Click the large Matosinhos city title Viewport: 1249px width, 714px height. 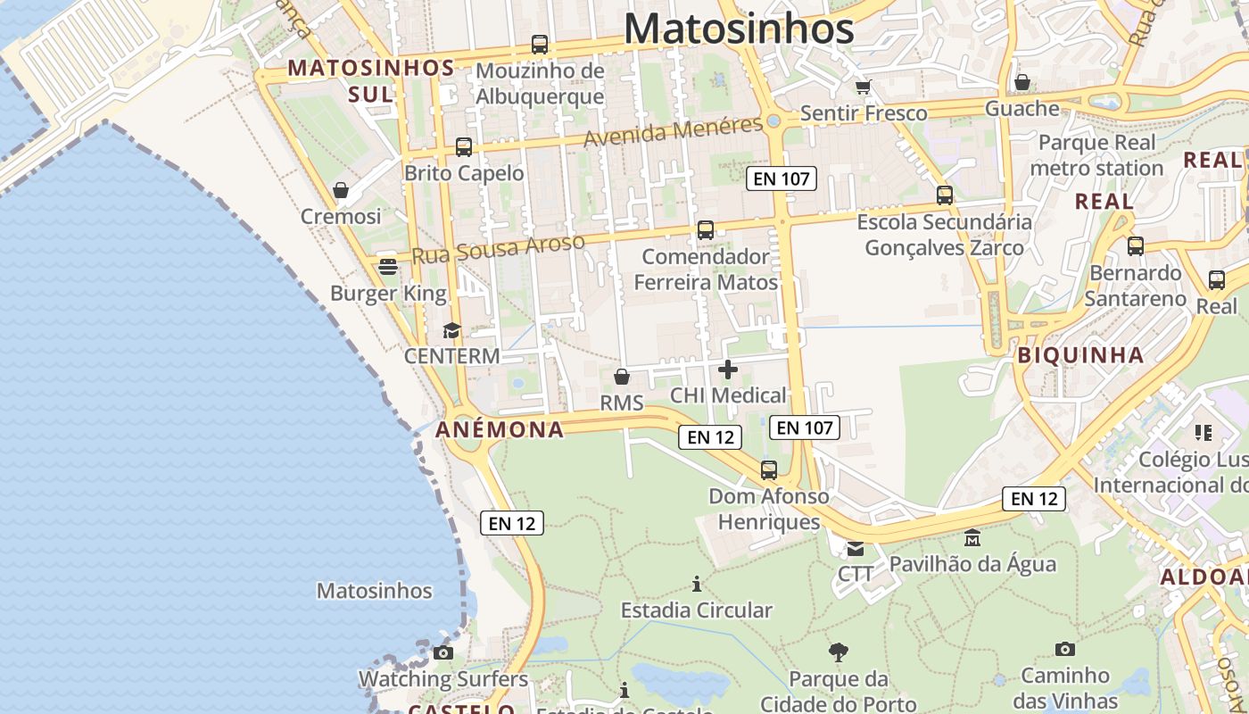pos(739,29)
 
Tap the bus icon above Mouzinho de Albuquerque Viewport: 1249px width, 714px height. pos(539,44)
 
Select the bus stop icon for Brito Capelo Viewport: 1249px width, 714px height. pos(463,147)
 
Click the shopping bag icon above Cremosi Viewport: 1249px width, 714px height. pos(340,190)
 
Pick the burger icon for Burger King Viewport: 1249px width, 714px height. pos(387,267)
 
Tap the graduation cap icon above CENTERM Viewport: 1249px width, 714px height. pos(451,330)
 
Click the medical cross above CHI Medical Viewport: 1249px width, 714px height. pos(728,369)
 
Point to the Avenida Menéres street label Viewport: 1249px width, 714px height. pos(674,132)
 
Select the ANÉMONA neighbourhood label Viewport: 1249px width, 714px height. pos(500,429)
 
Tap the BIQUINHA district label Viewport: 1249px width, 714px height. pos(1080,354)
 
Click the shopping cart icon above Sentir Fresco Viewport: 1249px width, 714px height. pos(863,87)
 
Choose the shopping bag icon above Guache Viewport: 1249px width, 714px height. pos(1022,82)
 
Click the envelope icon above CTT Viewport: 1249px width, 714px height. pos(856,548)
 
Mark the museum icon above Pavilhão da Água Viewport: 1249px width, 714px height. pos(972,538)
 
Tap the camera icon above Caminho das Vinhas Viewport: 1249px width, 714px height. pos(1064,649)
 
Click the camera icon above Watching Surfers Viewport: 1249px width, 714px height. pos(443,653)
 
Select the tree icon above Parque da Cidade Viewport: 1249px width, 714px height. pos(838,652)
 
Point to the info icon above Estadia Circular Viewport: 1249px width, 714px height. pos(696,585)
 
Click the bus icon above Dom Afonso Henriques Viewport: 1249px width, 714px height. pos(768,469)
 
